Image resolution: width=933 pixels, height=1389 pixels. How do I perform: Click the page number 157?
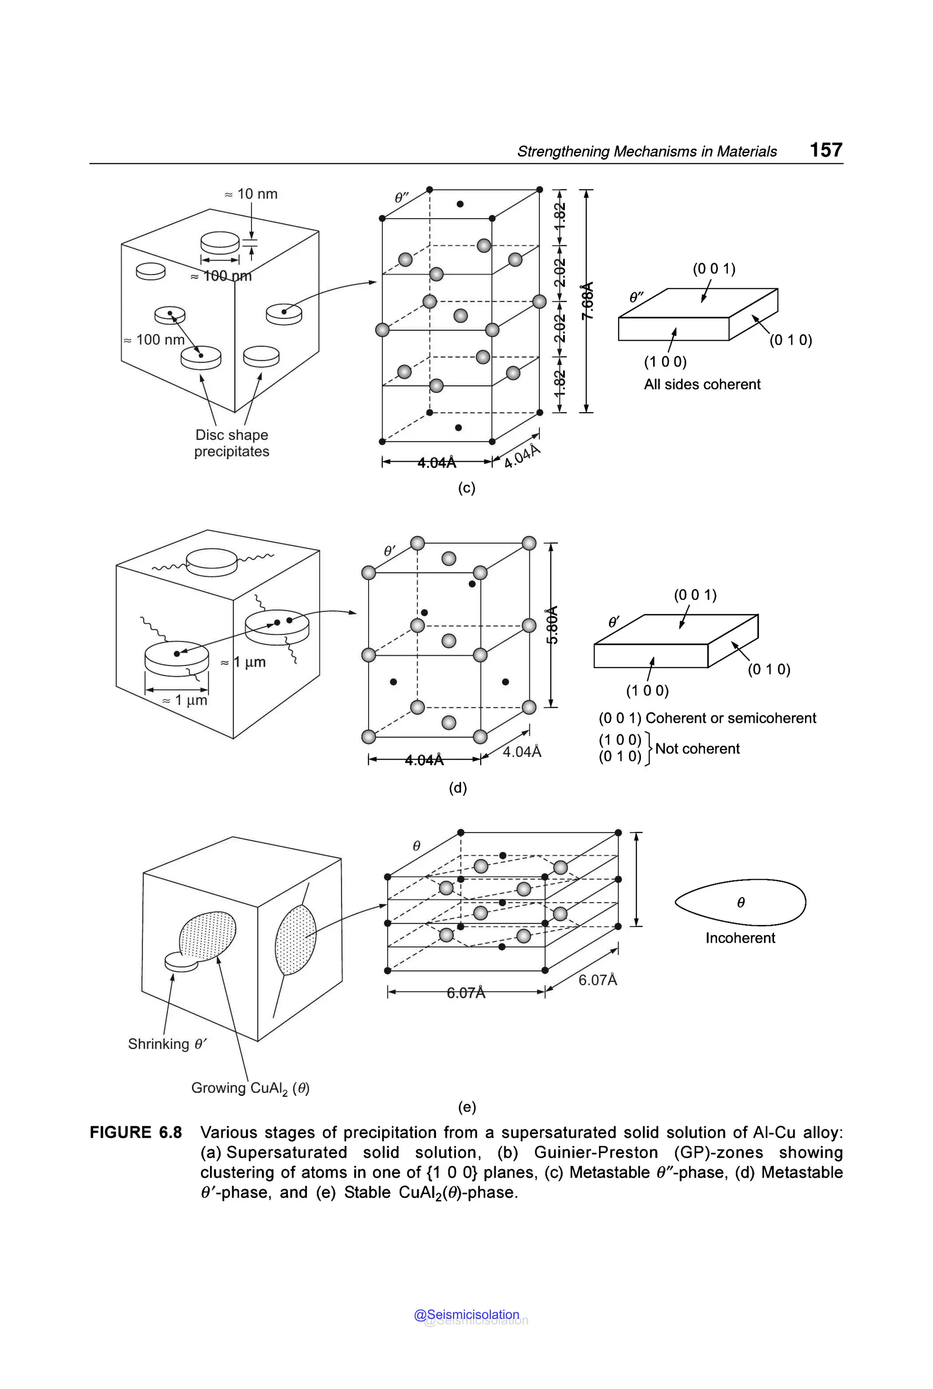click(825, 150)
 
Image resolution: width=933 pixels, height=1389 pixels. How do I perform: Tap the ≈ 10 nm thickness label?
click(251, 194)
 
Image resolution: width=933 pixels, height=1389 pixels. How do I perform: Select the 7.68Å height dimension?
click(587, 301)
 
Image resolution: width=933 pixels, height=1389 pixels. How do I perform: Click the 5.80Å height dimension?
click(552, 625)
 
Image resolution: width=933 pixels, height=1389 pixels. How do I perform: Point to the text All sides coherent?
click(702, 384)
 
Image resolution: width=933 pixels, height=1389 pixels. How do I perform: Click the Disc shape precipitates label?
click(231, 443)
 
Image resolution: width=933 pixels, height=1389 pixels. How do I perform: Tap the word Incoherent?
click(740, 938)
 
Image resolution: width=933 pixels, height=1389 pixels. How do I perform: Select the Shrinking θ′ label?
click(167, 1044)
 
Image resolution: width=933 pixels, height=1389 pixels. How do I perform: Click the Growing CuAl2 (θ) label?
click(250, 1088)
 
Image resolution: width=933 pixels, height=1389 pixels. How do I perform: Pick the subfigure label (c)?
click(466, 488)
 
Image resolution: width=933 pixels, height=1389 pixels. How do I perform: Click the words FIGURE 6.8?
click(136, 1133)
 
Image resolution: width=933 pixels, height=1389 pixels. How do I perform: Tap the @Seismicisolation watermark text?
click(466, 1315)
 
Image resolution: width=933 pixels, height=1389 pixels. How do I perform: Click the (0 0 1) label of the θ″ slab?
click(713, 269)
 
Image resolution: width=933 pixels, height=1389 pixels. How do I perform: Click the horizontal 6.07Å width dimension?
click(466, 993)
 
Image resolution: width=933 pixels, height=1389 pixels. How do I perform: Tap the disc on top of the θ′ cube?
click(211, 562)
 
